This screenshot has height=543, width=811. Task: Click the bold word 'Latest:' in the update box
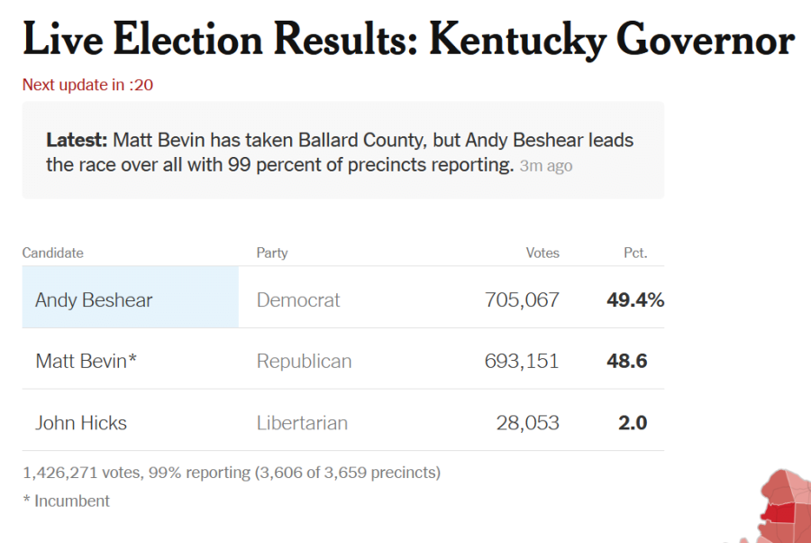point(77,141)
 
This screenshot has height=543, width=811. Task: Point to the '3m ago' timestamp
point(546,166)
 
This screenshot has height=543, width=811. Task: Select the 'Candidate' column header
point(52,253)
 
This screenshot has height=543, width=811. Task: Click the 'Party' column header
point(272,253)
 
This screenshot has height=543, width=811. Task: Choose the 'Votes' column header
point(542,253)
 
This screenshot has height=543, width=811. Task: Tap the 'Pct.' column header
point(635,253)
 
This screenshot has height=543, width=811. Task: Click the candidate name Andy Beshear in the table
point(94,300)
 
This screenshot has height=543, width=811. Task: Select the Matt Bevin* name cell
point(87,362)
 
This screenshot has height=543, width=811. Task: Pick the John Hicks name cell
point(81,423)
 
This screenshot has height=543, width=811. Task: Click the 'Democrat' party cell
point(298,300)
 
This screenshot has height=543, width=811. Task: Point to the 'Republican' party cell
point(304,362)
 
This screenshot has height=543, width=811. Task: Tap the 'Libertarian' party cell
point(302,423)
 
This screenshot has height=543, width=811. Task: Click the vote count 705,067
point(522,300)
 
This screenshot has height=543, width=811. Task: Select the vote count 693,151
point(522,362)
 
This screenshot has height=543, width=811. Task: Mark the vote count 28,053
point(528,423)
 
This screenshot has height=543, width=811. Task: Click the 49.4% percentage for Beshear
point(635,300)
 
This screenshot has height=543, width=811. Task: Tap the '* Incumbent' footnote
point(66,501)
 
